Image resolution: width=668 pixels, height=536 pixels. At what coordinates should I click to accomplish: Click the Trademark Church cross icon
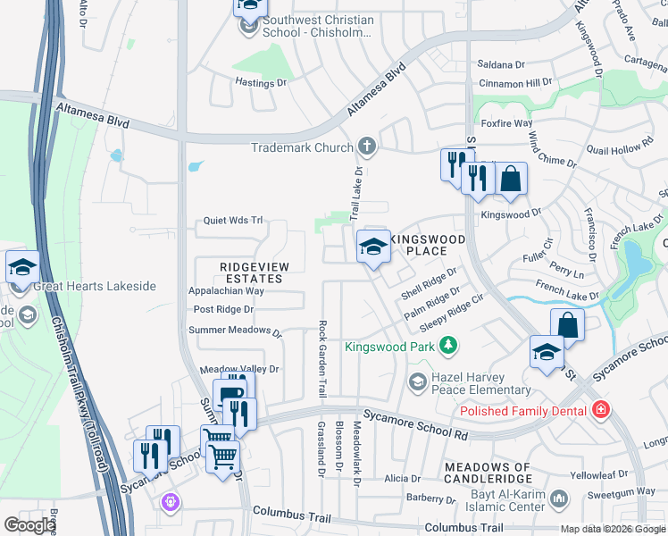pos(366,147)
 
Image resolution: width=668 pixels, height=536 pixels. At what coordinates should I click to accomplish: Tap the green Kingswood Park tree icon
pos(451,345)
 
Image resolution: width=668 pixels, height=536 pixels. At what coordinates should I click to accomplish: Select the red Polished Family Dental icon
pos(600,410)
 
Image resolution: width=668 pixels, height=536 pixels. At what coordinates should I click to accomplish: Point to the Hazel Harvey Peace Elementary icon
pos(417,382)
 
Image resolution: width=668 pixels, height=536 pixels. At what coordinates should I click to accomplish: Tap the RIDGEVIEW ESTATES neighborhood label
pos(251,272)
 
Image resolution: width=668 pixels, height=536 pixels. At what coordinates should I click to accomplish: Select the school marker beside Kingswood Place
pos(373,247)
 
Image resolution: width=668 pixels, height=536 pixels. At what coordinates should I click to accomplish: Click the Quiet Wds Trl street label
pos(233,220)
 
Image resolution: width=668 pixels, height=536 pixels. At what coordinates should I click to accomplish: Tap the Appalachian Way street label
pos(226,291)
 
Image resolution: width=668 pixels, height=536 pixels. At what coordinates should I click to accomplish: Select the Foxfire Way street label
pos(506,123)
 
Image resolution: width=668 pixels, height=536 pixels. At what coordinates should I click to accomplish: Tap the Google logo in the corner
pos(29,525)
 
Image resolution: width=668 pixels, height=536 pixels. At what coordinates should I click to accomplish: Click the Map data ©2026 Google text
pos(613,529)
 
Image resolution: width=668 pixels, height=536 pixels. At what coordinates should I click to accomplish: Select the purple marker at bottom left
pos(170,503)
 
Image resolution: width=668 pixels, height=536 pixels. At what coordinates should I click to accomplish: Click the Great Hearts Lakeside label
pos(95,287)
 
